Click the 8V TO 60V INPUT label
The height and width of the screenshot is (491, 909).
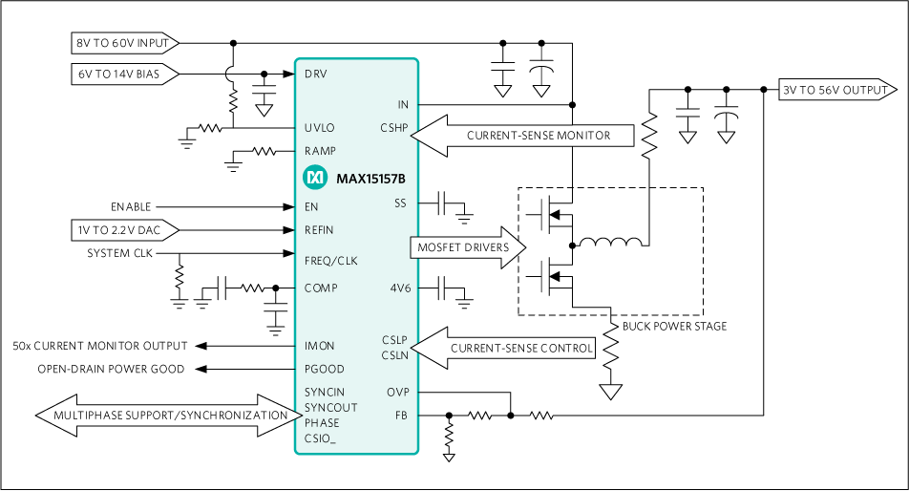click(x=122, y=43)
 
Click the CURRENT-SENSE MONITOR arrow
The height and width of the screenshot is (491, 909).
click(x=525, y=136)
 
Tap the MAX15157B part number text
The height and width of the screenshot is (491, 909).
click(x=370, y=178)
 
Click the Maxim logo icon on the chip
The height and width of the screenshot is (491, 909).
click(x=314, y=178)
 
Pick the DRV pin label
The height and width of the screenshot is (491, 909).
click(x=315, y=74)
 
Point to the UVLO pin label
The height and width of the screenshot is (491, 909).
click(x=319, y=128)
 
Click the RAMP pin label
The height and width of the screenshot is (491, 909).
click(x=320, y=151)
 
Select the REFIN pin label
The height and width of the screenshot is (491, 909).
click(x=319, y=230)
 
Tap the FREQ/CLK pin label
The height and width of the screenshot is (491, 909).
click(x=330, y=261)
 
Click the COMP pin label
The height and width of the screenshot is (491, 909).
click(x=321, y=288)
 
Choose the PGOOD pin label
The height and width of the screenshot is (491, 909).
click(x=324, y=369)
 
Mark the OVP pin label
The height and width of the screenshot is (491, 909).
click(x=397, y=392)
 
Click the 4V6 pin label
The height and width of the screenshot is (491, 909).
click(x=400, y=288)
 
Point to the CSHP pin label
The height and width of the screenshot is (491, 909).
click(x=393, y=128)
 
